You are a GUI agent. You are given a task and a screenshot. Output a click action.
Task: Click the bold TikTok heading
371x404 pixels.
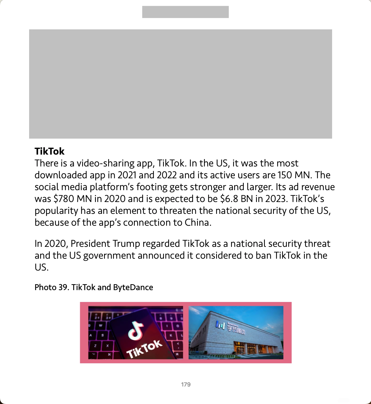click(x=49, y=151)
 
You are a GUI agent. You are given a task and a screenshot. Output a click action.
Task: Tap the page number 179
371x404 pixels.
click(x=186, y=384)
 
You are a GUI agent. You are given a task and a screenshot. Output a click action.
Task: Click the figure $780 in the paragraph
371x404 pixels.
click(x=64, y=199)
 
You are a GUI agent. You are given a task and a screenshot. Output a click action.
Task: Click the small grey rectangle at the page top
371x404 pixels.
click(x=185, y=12)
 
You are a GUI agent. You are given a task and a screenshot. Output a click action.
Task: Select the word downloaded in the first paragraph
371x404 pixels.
click(x=61, y=175)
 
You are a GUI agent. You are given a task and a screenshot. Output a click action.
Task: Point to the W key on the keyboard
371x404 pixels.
click(x=100, y=325)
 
